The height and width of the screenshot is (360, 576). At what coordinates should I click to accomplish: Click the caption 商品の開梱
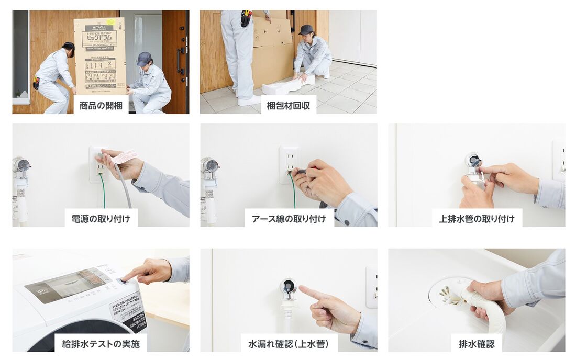click(x=101, y=106)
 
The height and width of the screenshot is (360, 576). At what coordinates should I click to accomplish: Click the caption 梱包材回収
click(x=288, y=106)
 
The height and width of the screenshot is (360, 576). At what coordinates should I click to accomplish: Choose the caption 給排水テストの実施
click(x=101, y=344)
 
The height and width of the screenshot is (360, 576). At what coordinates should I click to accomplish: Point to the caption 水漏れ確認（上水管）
click(x=289, y=344)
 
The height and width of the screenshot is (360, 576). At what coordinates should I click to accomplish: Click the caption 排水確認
click(x=477, y=344)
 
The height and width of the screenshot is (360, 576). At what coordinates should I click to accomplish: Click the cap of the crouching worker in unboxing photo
click(x=143, y=57)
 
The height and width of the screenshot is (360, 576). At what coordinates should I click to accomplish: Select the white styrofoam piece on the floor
click(x=288, y=85)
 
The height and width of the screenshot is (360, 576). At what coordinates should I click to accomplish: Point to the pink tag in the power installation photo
click(x=125, y=156)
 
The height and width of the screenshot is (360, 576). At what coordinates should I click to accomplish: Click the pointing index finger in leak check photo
click(x=308, y=291)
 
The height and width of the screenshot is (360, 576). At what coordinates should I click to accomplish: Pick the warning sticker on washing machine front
click(x=128, y=312)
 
